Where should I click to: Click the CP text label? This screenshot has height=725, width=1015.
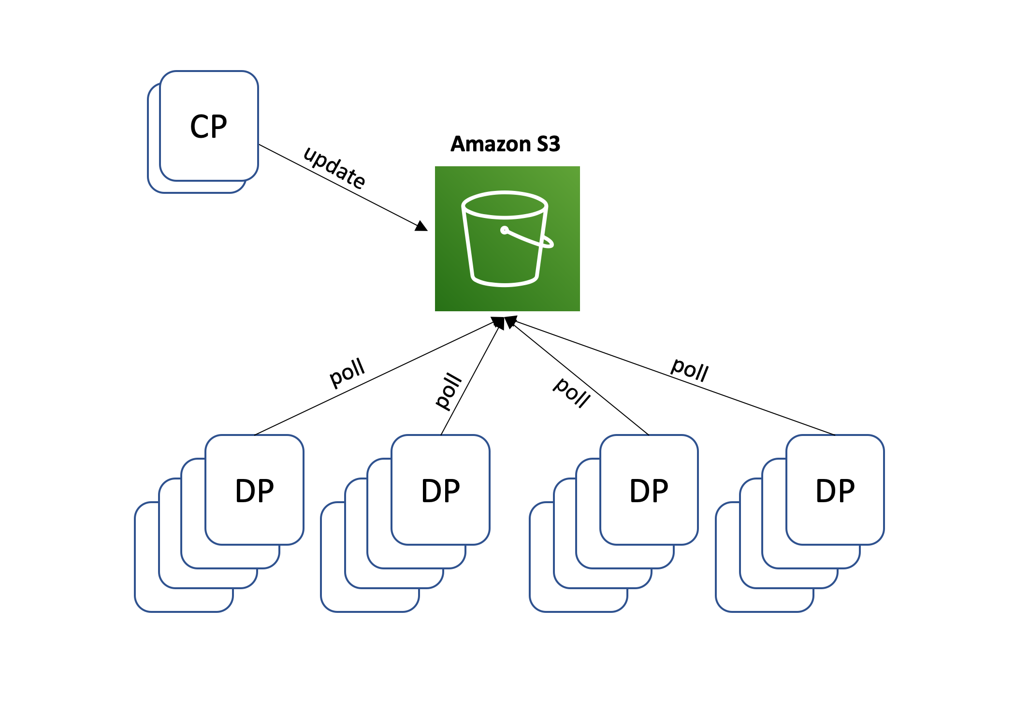(208, 127)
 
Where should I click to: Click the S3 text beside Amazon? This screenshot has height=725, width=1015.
(548, 144)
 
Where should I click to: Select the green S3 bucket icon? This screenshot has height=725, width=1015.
(507, 239)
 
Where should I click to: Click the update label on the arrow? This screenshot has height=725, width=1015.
(334, 167)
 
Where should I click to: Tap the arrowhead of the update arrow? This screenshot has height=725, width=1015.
(421, 226)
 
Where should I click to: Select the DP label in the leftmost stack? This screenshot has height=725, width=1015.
(254, 491)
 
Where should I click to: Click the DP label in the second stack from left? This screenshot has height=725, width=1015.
(440, 491)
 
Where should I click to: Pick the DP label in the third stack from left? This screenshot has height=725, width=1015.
(649, 491)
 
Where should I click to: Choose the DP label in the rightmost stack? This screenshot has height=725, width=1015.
(835, 491)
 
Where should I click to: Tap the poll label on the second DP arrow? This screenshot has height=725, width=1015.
(449, 391)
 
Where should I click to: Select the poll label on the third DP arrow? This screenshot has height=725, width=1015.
(572, 392)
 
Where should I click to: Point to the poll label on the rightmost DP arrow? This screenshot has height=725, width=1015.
(690, 370)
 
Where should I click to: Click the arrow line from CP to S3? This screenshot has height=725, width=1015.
(338, 185)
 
